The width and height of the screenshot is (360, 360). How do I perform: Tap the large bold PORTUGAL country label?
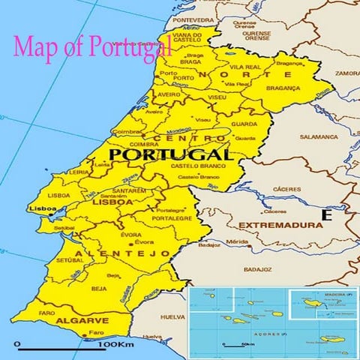click(170, 154)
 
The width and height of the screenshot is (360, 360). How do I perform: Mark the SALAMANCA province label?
click(319, 137)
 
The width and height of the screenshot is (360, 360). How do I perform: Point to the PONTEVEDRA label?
click(193, 19)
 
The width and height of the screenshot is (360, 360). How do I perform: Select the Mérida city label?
click(237, 241)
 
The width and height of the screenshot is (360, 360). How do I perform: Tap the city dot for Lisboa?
click(51, 215)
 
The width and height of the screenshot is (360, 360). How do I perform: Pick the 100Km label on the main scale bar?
click(115, 344)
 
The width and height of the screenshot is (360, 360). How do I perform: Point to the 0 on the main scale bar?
click(16, 344)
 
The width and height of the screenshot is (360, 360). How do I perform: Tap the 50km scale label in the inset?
click(247, 344)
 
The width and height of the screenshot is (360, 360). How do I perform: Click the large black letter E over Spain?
click(326, 215)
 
